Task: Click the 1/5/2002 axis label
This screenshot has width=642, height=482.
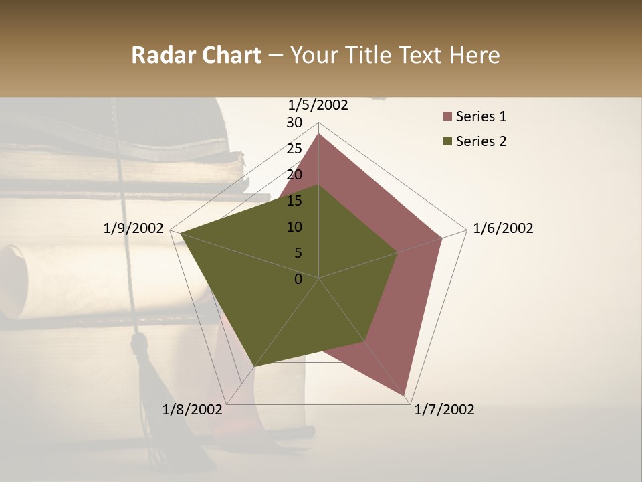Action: pyautogui.click(x=318, y=104)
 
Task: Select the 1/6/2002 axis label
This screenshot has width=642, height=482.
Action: pyautogui.click(x=503, y=228)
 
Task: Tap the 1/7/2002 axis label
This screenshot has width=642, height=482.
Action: pyautogui.click(x=444, y=410)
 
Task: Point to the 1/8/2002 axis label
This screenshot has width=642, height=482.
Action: pyautogui.click(x=193, y=410)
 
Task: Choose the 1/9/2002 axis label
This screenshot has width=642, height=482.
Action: pyautogui.click(x=134, y=228)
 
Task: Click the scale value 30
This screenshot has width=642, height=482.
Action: pyautogui.click(x=294, y=123)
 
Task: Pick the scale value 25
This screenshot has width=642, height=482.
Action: pyautogui.click(x=294, y=149)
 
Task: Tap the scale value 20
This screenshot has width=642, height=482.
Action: pyautogui.click(x=294, y=175)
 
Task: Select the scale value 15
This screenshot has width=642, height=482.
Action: pyautogui.click(x=294, y=201)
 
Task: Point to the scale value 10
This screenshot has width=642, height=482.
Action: pyautogui.click(x=294, y=227)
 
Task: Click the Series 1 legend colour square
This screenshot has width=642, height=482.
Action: pyautogui.click(x=447, y=117)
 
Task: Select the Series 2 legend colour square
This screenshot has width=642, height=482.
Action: pyautogui.click(x=447, y=141)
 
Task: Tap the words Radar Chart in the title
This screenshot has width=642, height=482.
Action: pyautogui.click(x=196, y=55)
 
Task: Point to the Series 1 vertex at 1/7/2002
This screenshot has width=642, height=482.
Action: pyautogui.click(x=405, y=395)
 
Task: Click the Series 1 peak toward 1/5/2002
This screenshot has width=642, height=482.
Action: pyautogui.click(x=319, y=135)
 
